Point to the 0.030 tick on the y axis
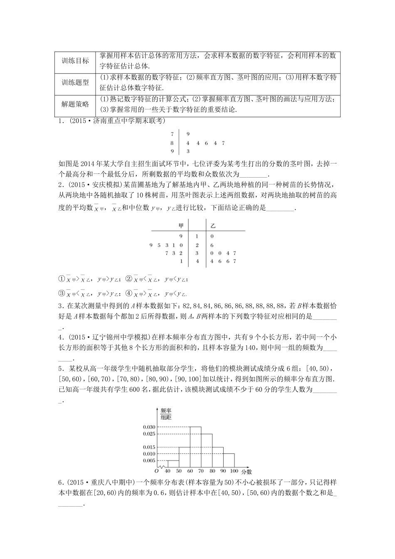[x=148, y=427]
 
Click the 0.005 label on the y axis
[x=148, y=460]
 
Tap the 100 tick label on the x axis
[x=234, y=471]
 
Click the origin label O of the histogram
[x=156, y=471]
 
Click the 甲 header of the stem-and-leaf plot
[x=180, y=225]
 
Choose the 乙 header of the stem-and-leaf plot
[x=213, y=225]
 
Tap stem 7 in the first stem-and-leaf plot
[x=171, y=134]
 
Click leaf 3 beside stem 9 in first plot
[x=188, y=151]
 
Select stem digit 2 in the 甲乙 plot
[x=197, y=245]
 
